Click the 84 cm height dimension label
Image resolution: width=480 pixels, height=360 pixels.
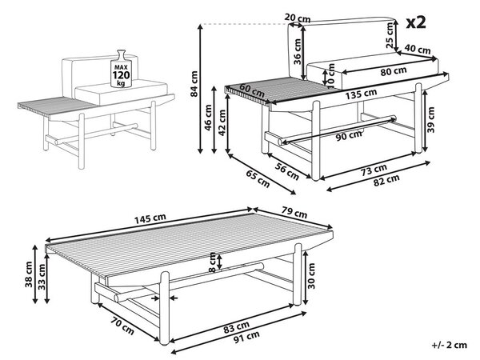coord(194,83)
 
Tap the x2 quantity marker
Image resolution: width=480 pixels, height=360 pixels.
coord(416,22)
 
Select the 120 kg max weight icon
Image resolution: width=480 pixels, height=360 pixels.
coord(122,69)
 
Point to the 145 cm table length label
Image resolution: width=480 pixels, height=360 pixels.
coord(150,218)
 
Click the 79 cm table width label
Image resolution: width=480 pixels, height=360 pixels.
coord(294,212)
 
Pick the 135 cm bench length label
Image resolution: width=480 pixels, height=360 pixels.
coord(361,94)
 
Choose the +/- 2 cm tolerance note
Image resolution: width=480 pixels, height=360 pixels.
coord(450,345)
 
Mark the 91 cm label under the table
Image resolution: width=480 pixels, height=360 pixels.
coord(246,338)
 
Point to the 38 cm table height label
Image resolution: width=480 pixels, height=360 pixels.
coord(29,274)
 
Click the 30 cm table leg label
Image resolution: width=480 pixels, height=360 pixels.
coord(311,276)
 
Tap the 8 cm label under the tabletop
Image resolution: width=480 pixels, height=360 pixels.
coord(212,262)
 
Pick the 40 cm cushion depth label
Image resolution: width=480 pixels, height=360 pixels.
coord(418,49)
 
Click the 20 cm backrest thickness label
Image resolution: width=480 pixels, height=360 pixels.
coord(298,18)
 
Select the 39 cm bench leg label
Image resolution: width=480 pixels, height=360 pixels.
coord(431,119)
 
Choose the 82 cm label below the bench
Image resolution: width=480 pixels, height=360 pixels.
coord(386,181)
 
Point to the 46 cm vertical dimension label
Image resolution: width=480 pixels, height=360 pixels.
coord(208,118)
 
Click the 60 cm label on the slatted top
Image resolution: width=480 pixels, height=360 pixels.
coord(252,90)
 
